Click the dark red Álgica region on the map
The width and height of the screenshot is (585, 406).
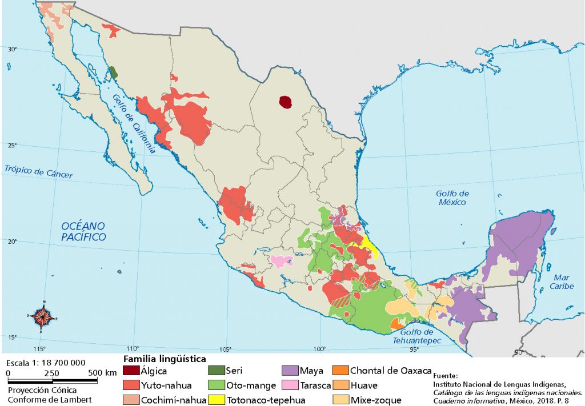pos(285,102)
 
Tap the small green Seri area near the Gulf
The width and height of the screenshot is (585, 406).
pos(113,73)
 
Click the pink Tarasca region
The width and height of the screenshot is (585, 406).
pos(281,262)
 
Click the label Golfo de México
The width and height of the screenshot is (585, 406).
pos(452,198)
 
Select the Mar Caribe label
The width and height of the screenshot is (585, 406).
pos(562,282)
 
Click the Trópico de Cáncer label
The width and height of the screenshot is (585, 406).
pos(39,171)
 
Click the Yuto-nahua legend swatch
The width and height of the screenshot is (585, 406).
pos(130,385)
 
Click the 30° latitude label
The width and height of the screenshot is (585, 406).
pos(13,49)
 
